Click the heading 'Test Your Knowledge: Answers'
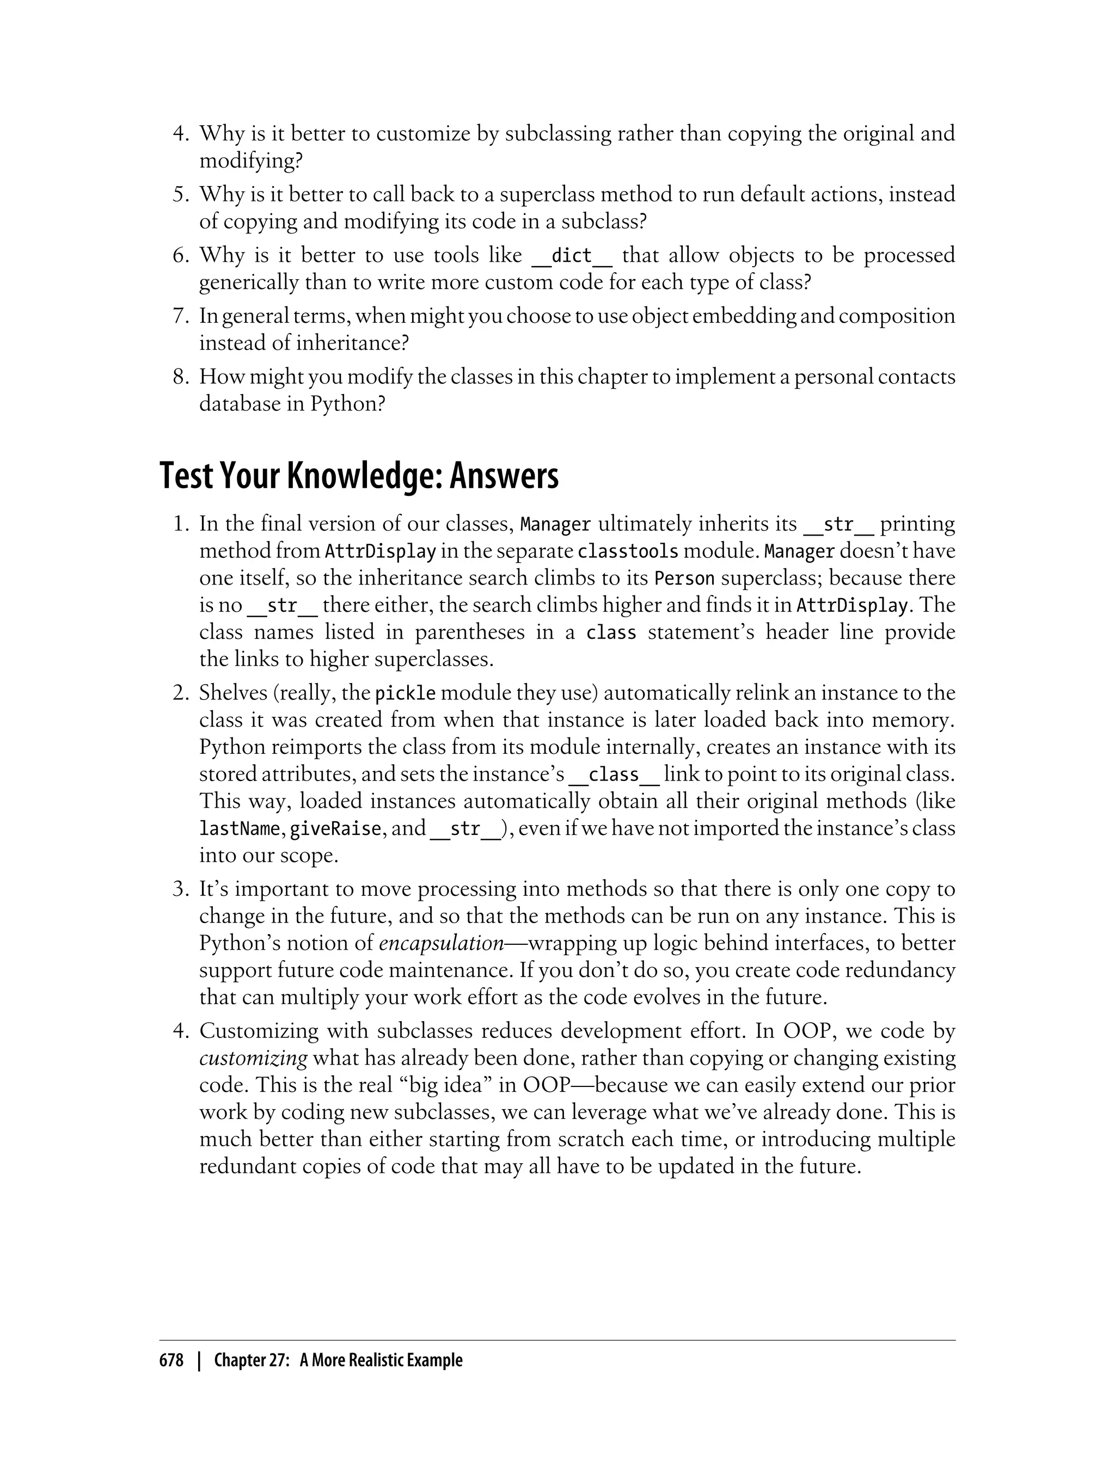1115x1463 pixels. coord(359,476)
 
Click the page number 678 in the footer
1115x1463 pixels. coord(171,1361)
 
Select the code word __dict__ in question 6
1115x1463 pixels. coord(572,255)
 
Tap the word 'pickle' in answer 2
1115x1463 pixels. coord(406,693)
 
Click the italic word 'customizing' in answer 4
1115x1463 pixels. coord(253,1058)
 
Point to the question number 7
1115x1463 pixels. coord(181,316)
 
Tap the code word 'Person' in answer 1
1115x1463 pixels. coord(684,579)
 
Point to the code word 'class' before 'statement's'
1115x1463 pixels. coord(611,633)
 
